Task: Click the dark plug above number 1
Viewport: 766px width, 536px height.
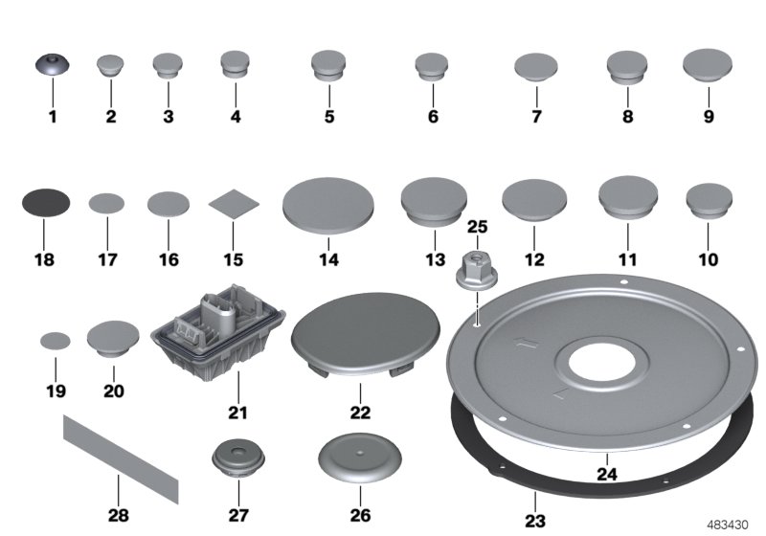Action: click(52, 65)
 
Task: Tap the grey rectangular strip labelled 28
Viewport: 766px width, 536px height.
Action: click(121, 459)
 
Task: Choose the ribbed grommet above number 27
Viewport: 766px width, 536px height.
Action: click(236, 458)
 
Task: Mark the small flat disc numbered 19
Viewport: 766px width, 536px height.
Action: click(56, 339)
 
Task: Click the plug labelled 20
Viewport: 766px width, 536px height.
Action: click(114, 337)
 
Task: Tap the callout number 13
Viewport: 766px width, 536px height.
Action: click(435, 260)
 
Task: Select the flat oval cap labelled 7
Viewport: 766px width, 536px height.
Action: click(536, 67)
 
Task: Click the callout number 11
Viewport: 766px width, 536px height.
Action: click(628, 260)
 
